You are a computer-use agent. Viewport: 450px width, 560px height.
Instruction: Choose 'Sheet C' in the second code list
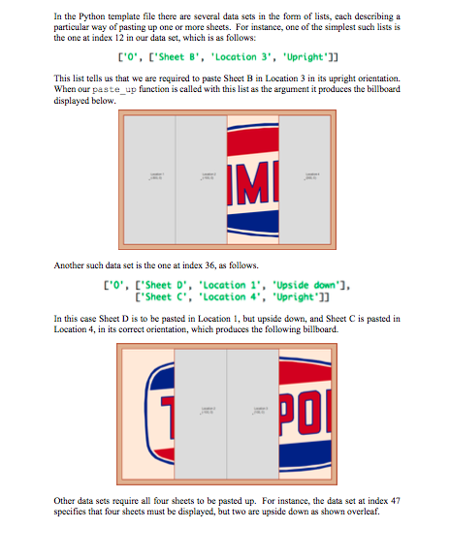click(167, 294)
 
